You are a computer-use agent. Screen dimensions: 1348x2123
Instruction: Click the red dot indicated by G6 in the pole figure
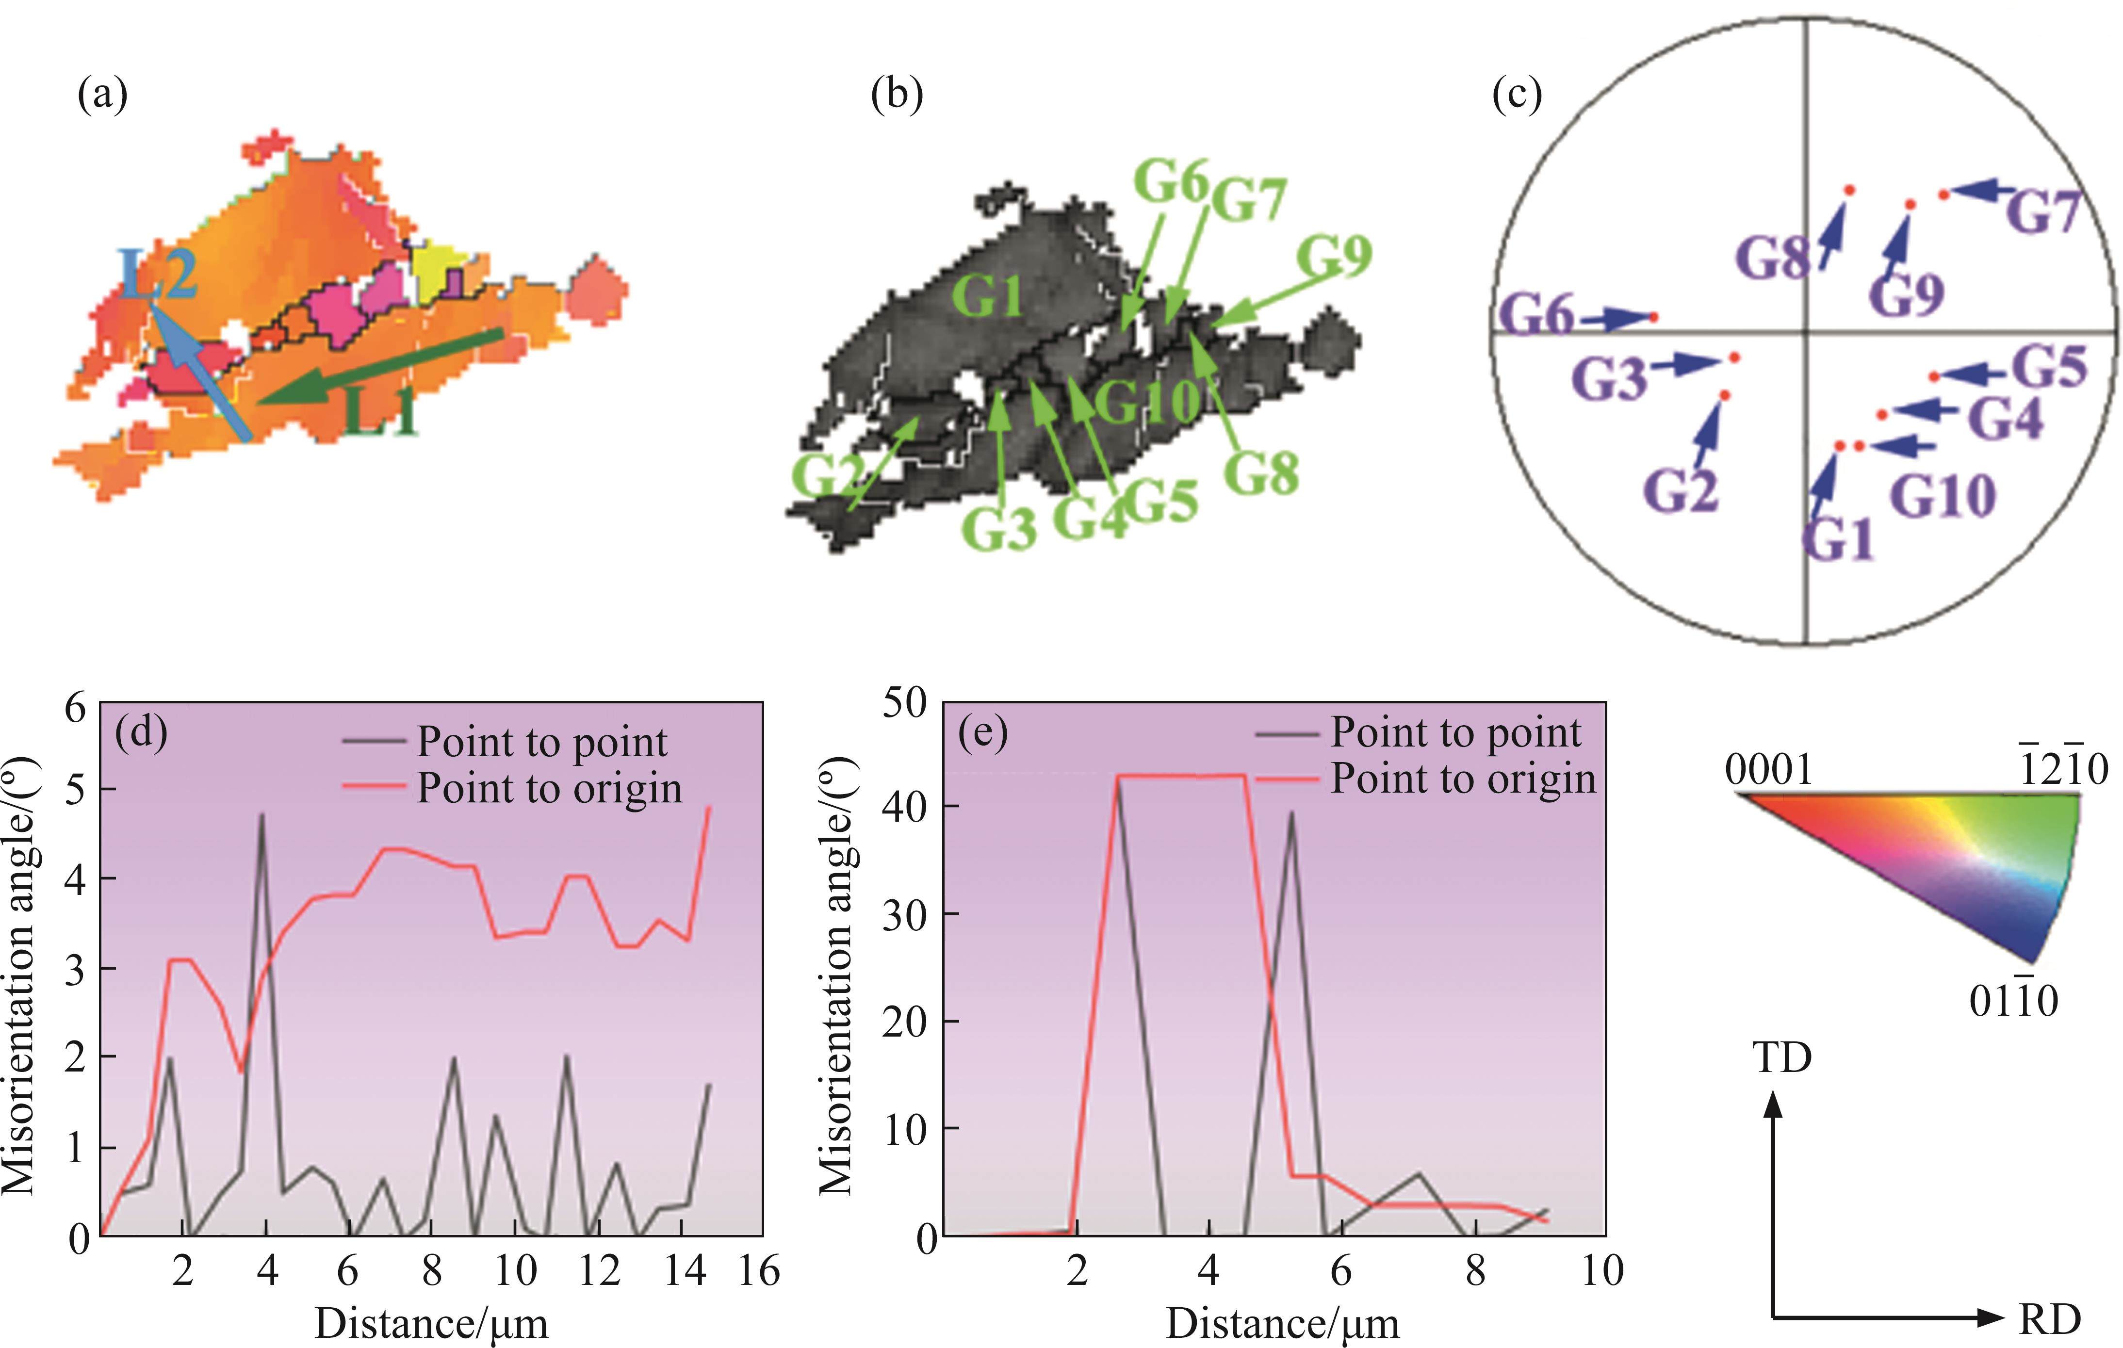pos(1654,316)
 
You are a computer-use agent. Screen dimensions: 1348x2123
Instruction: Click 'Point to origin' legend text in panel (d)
pos(549,788)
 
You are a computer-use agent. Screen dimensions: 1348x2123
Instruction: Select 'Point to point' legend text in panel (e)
pos(1455,732)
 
